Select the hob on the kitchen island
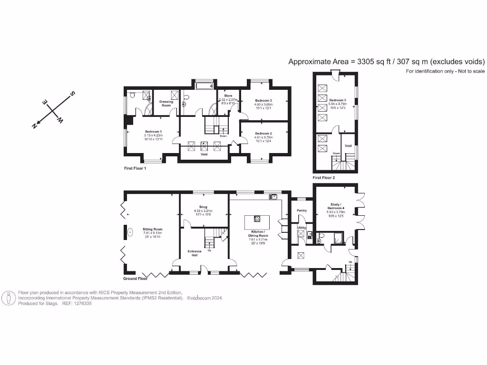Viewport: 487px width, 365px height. pos(256,219)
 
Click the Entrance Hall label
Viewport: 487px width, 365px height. pos(194,252)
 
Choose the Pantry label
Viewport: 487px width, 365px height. pos(302,210)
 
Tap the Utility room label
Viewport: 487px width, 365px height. pos(302,228)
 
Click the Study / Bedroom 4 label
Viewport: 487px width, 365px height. pos(336,207)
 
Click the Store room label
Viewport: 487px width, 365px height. pos(228,96)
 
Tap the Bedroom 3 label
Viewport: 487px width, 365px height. pos(263,101)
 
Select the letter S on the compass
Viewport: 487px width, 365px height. pos(72,94)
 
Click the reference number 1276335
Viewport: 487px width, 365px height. pos(81,303)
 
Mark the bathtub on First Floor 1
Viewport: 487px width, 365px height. pos(205,86)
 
